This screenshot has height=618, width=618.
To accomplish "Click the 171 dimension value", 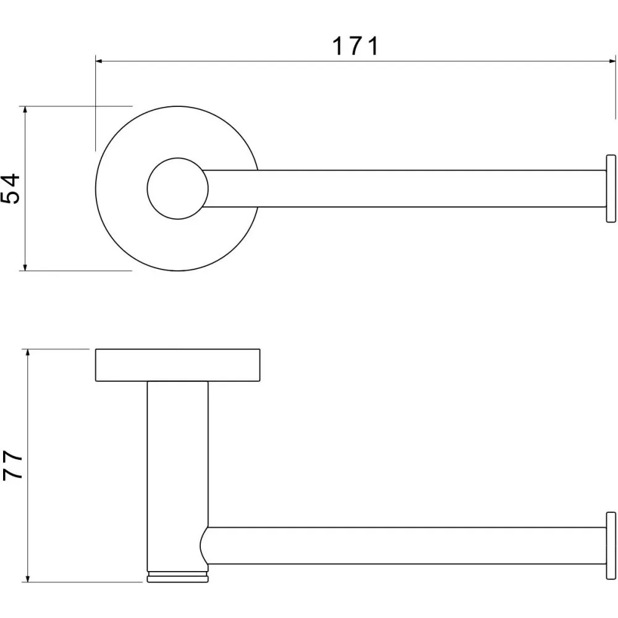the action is coord(355,46).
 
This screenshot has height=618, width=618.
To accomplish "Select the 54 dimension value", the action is coord(11,188).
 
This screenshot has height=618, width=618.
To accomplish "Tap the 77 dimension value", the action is coord(13,465).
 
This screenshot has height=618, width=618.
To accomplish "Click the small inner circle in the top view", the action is coord(178,188).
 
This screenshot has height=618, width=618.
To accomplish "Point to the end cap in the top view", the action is coord(611,188).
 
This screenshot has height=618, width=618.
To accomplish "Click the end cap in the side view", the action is coord(611,546).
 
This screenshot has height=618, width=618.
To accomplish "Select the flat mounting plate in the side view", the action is coord(178,365).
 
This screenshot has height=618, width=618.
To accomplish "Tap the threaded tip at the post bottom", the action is coord(178,577).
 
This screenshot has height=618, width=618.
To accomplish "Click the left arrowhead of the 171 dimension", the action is coord(99,61).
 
